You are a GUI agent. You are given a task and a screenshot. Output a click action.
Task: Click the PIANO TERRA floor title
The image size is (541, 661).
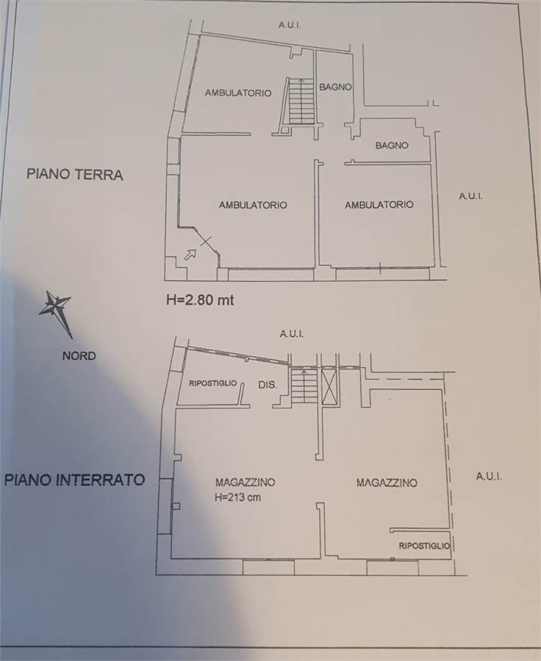pos(75,174)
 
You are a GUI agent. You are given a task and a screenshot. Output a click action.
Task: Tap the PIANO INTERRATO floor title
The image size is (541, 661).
pos(75,480)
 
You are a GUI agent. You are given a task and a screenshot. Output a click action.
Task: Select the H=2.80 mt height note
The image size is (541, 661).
pos(200,300)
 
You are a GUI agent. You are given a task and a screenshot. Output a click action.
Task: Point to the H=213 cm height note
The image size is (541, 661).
pos(237,497)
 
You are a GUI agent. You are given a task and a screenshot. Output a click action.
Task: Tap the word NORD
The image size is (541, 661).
pos(79,355)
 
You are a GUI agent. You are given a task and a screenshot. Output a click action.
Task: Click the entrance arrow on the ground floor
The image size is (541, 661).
pos(190,254)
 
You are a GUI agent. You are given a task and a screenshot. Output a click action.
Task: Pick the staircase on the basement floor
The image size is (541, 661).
pos(304,385)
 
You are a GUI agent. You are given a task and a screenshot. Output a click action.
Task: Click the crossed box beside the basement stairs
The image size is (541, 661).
pos(331,386)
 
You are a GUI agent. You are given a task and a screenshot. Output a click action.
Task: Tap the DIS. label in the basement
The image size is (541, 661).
pos(268,385)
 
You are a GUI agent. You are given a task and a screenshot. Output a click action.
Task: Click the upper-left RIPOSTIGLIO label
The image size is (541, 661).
pos(212,383)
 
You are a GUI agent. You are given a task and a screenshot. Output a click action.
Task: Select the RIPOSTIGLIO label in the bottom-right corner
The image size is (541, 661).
pos(425,546)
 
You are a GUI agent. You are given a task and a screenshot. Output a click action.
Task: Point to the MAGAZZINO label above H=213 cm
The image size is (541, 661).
pos(246,482)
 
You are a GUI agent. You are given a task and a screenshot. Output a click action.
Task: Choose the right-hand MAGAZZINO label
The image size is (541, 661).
pos(387,483)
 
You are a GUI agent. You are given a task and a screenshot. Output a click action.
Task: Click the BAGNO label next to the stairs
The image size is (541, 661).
pos(335,87)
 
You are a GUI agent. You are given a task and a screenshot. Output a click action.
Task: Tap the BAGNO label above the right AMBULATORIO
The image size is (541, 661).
pos(392,145)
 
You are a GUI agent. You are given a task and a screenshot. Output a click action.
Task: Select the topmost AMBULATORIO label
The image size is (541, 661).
pos(238,93)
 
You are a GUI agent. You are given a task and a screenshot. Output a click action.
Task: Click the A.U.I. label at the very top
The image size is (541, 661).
pos(290,25)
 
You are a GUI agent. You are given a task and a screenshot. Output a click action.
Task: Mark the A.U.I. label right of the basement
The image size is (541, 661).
pos(489,477)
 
